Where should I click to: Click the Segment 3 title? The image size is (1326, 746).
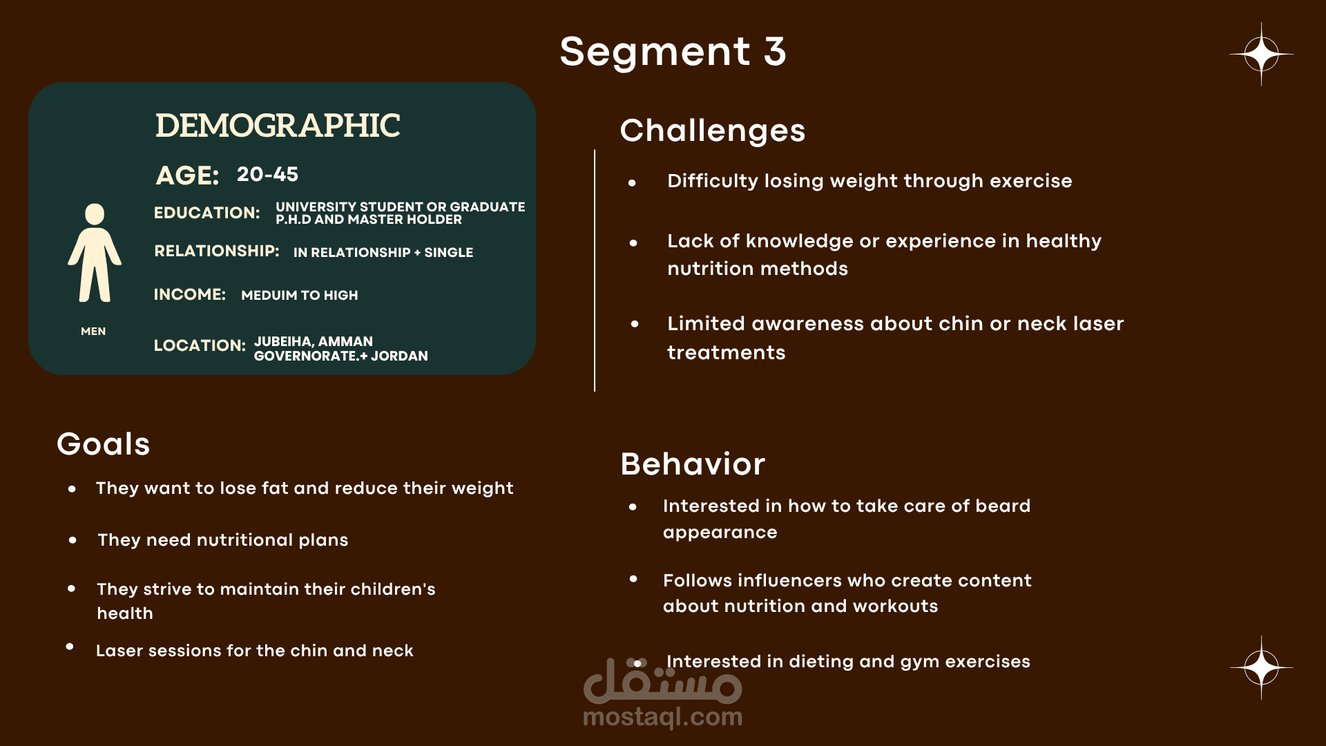pyautogui.click(x=673, y=52)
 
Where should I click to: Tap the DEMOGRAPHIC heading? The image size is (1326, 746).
pyautogui.click(x=278, y=126)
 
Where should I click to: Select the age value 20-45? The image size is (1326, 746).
pyautogui.click(x=267, y=174)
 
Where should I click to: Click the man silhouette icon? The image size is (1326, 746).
pyautogui.click(x=95, y=253)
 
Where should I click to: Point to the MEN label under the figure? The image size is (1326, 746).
pyautogui.click(x=93, y=332)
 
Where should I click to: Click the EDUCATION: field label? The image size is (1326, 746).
pyautogui.click(x=206, y=213)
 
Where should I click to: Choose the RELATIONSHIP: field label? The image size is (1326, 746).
pyautogui.click(x=216, y=251)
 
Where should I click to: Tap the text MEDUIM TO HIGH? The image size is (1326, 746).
pyautogui.click(x=300, y=296)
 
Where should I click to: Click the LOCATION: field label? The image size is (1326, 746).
pyautogui.click(x=200, y=345)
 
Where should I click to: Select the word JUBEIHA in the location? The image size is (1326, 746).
pyautogui.click(x=283, y=341)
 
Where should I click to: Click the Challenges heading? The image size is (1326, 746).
pyautogui.click(x=712, y=131)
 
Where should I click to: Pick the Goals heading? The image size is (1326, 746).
pyautogui.click(x=104, y=444)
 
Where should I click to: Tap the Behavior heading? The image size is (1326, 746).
pyautogui.click(x=693, y=464)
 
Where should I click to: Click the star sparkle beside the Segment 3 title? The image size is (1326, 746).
pyautogui.click(x=1261, y=54)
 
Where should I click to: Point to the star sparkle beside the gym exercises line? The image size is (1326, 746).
pyautogui.click(x=1261, y=667)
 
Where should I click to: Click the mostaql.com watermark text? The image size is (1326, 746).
pyautogui.click(x=663, y=717)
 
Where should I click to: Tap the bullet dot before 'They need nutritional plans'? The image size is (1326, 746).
pyautogui.click(x=73, y=540)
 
